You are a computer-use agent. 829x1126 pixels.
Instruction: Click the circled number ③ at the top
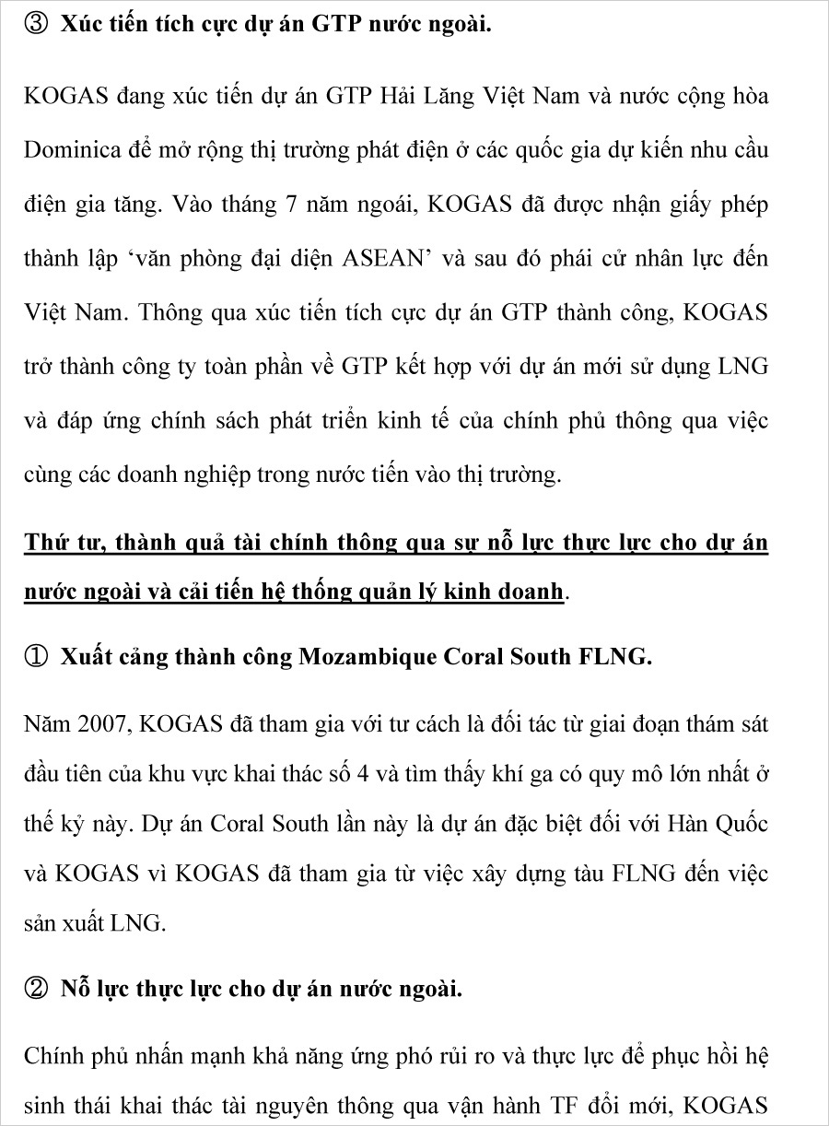click(36, 26)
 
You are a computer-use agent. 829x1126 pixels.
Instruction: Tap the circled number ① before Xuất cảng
click(36, 658)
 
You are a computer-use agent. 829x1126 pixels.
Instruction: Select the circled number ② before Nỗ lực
click(36, 990)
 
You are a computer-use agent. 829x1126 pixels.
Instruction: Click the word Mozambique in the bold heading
click(368, 658)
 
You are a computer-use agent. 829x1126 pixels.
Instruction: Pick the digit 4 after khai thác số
click(364, 773)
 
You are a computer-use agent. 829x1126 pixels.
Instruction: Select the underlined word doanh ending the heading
click(529, 592)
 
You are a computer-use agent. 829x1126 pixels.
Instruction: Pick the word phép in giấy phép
click(742, 205)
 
